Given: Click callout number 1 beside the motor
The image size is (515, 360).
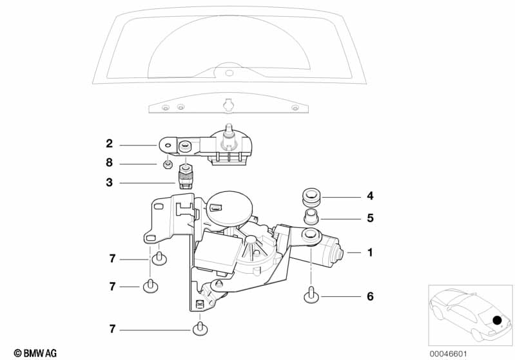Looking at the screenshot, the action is click(370, 252).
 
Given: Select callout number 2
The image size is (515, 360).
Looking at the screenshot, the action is click(110, 144).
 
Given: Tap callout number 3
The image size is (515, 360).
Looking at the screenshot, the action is click(110, 182).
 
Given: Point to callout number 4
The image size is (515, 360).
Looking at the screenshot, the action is click(370, 196).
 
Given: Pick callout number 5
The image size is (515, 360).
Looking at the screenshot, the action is click(370, 218).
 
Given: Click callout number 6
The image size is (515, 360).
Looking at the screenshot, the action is click(370, 297).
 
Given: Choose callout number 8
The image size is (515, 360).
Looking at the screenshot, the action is click(110, 163).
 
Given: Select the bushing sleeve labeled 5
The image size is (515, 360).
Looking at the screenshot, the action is click(311, 217).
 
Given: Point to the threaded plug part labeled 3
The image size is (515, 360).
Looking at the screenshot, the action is click(185, 177).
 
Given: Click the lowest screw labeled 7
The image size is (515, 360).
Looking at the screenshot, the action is click(200, 328).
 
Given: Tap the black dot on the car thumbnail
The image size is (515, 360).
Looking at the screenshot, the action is click(497, 320).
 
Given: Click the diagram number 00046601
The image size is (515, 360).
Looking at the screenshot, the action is click(449, 354).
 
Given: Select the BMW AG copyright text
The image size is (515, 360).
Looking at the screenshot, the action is click(35, 353).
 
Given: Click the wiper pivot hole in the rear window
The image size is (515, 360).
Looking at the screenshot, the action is click(229, 73).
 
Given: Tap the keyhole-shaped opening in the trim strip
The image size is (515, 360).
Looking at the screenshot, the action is click(228, 105).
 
